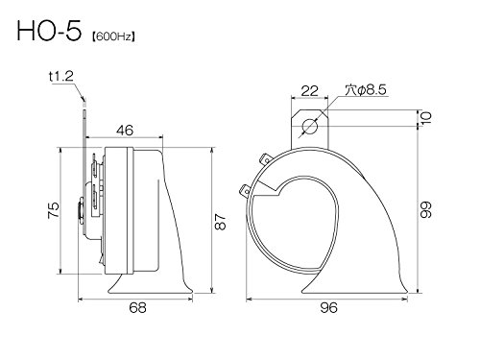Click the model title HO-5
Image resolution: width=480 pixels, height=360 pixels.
pos(49,31)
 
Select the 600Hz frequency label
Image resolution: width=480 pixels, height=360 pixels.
pos(113,37)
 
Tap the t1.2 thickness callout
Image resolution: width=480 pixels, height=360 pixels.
pos(61,76)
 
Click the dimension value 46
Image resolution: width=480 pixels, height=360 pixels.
pos(125,131)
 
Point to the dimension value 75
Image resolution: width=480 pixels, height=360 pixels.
pos(54,210)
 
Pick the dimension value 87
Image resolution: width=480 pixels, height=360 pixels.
pos(220,222)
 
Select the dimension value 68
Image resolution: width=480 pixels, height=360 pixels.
pos(137,308)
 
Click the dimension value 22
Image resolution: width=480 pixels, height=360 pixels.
pos(310,91)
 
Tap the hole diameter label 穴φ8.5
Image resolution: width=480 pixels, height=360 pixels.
pos(366,90)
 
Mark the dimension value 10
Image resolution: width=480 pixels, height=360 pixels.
pos(426,117)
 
